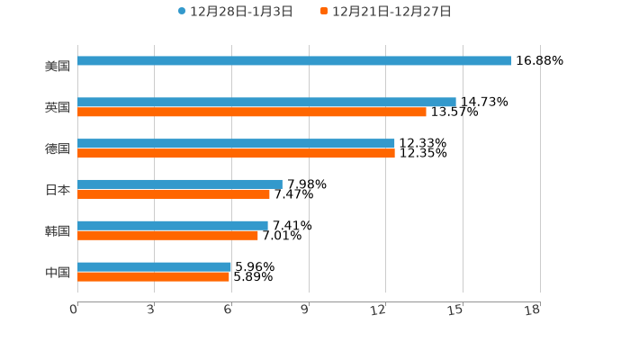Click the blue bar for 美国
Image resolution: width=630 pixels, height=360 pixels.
[x=294, y=61]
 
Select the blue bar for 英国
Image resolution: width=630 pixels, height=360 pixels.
[x=266, y=103]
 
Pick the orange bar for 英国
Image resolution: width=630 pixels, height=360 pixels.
[x=252, y=112]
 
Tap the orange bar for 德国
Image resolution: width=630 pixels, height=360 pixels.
[x=236, y=154]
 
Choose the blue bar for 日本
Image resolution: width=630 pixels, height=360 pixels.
[x=180, y=184]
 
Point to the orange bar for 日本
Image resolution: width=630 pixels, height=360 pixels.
[x=174, y=194]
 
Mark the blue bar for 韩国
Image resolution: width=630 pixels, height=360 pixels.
[x=173, y=226]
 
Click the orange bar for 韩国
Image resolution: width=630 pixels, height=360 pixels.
[x=167, y=236]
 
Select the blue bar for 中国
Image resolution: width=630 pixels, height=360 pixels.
[x=155, y=267]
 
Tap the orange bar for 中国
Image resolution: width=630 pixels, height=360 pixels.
[x=153, y=277]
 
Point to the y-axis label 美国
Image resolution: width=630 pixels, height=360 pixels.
[x=58, y=66]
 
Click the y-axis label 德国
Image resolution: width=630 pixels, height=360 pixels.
[x=58, y=148]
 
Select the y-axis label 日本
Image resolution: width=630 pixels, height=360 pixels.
[x=58, y=190]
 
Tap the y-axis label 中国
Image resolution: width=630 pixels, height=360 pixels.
[x=58, y=272]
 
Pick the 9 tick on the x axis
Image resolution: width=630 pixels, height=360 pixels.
[x=305, y=310]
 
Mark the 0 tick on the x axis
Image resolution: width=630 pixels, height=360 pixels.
[x=75, y=310]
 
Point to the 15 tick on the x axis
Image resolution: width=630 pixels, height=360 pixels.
[x=456, y=310]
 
